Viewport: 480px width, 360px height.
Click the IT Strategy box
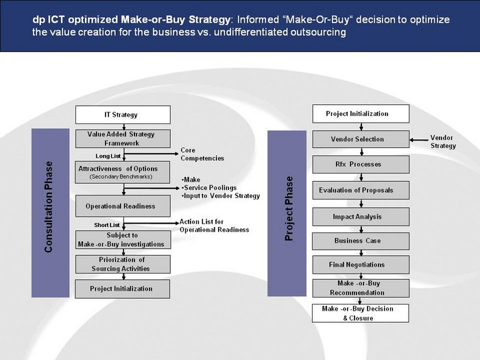[x=123, y=115]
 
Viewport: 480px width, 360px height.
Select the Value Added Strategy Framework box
[x=123, y=139]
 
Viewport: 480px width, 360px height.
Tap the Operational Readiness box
[x=123, y=206]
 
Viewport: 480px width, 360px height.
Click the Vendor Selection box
[x=361, y=139]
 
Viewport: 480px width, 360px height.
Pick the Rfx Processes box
[x=361, y=165]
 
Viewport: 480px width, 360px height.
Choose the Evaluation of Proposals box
[x=361, y=190]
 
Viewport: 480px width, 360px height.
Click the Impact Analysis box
[x=361, y=217]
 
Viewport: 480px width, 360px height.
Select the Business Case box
[x=361, y=241]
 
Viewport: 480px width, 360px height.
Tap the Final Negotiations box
[x=361, y=265]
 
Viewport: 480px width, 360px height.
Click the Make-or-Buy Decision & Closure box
[x=360, y=313]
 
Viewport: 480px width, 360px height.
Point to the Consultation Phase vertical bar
[x=51, y=213]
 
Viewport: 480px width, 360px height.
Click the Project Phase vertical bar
[x=287, y=213]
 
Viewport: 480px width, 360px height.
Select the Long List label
[x=108, y=156]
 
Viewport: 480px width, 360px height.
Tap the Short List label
[x=107, y=225]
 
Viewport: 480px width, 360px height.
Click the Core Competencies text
[x=202, y=154]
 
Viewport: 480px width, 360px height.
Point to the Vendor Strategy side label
[x=443, y=142]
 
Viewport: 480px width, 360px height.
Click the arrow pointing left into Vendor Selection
[x=419, y=140]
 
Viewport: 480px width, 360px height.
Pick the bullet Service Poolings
[x=209, y=188]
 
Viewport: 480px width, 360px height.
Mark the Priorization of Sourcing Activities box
[x=123, y=264]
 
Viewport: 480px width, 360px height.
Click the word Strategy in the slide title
[x=209, y=20]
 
